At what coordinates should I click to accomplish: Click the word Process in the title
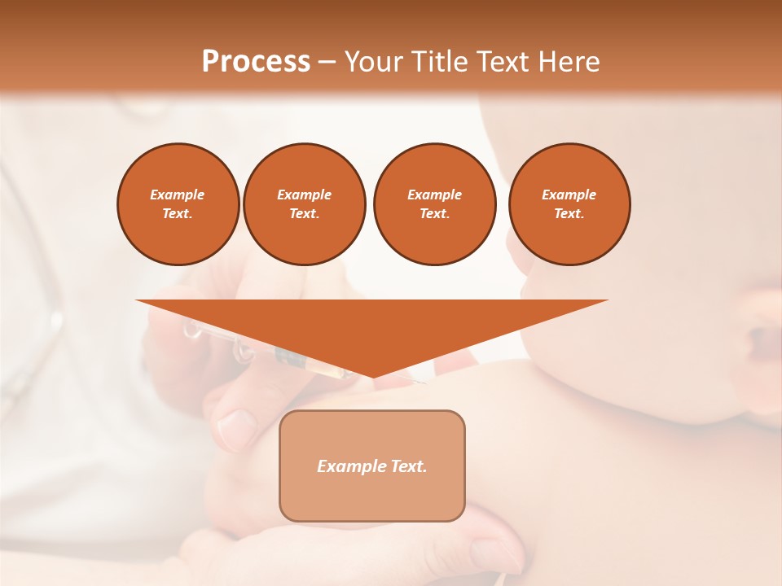point(256,62)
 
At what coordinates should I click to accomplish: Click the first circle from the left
point(178,204)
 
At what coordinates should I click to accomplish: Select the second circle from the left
point(304,204)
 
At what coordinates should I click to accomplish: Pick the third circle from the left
point(434,204)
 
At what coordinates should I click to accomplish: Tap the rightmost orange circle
point(569,204)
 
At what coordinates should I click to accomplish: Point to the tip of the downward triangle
point(372,377)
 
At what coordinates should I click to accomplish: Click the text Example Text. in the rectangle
point(372,466)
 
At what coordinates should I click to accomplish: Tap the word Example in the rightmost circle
point(569,195)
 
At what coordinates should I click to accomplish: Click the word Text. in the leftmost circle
point(178,214)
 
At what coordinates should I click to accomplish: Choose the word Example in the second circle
point(304,195)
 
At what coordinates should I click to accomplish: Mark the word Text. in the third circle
point(434,214)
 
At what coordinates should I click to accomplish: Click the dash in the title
point(327,62)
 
